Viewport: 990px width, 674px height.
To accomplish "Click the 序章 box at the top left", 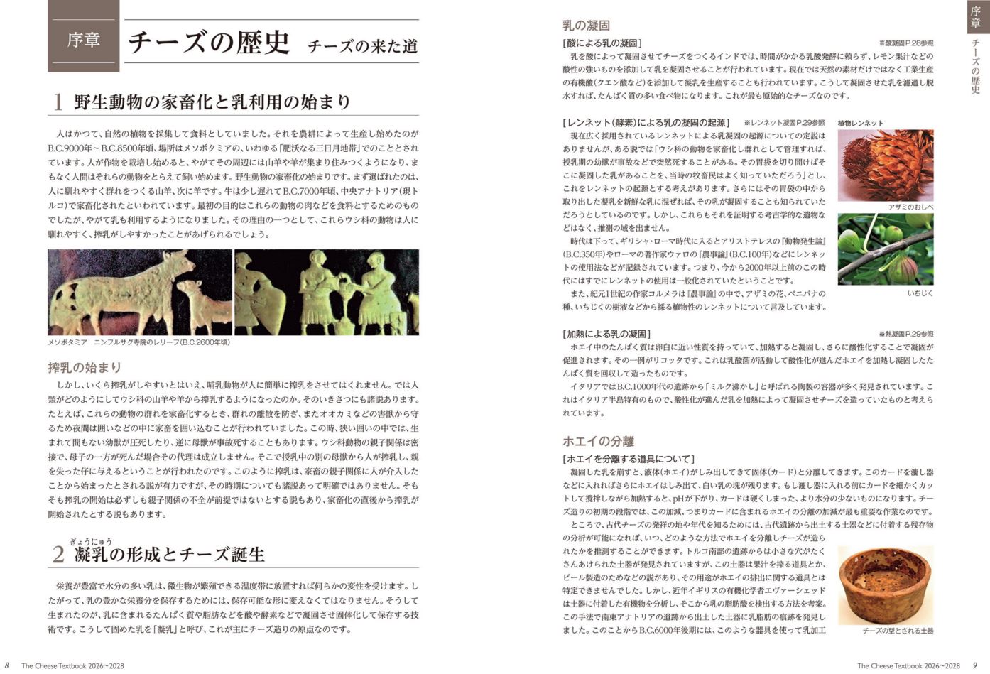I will click(83, 39).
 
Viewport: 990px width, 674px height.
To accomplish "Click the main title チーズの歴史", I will click(209, 42).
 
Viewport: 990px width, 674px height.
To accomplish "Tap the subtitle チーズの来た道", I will click(362, 47).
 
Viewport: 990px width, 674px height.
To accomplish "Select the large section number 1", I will click(58, 102).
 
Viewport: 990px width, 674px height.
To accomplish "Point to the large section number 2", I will click(59, 555).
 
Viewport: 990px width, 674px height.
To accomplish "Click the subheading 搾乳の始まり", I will click(85, 367).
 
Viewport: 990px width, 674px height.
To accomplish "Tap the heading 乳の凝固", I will click(586, 26).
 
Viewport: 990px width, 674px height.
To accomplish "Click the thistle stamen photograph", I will click(885, 165).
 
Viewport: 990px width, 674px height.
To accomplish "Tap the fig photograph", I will click(885, 249).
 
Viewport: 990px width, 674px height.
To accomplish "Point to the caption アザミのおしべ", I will click(910, 207).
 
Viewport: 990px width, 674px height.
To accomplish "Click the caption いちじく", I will click(920, 293).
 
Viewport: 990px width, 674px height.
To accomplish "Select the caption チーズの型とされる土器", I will click(898, 631).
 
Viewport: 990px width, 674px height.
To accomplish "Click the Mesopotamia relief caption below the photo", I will click(138, 342).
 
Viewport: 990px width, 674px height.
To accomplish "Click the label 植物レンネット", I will click(861, 123).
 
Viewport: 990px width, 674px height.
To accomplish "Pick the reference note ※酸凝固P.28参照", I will click(905, 43).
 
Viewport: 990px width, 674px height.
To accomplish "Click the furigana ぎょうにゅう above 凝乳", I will click(90, 542).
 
